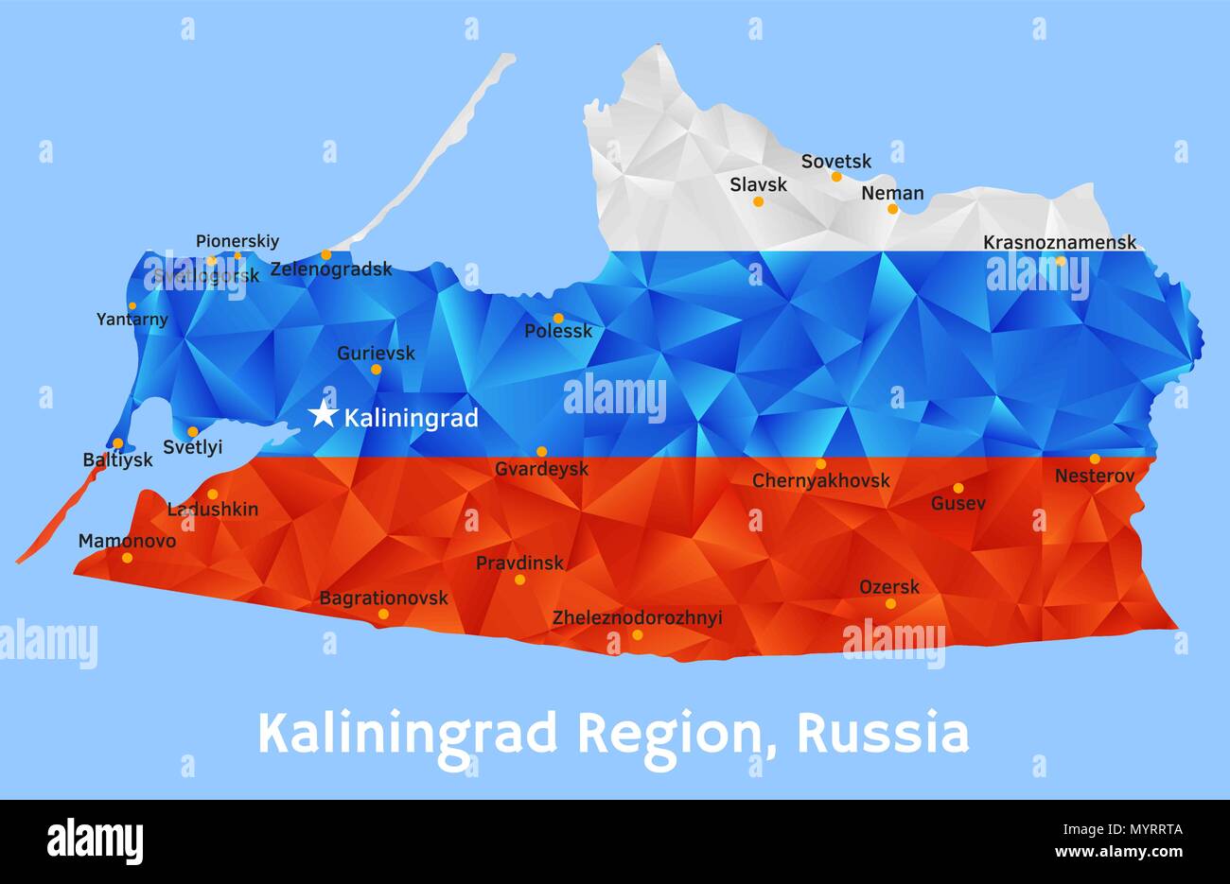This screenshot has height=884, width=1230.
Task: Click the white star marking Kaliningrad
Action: [x=324, y=413]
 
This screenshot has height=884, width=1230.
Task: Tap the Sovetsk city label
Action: [x=836, y=162]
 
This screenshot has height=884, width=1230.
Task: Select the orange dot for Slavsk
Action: [x=758, y=201]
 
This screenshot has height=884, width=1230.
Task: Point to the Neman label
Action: [x=892, y=194]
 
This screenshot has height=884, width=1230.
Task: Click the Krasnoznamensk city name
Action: [x=1060, y=243]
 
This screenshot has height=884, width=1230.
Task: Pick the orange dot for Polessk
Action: [x=558, y=319]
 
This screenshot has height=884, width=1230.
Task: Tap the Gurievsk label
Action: [x=376, y=354]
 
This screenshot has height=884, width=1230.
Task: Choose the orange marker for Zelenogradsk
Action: [x=325, y=254]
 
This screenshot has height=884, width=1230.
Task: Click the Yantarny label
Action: [x=132, y=320]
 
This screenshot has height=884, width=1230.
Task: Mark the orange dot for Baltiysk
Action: [x=117, y=442]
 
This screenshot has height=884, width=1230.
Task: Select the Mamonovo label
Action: [x=127, y=542]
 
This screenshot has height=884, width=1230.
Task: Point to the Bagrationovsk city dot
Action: [x=383, y=614]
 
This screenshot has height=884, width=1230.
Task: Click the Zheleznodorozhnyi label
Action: [x=637, y=618]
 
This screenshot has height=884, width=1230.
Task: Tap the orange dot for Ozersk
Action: [x=890, y=603]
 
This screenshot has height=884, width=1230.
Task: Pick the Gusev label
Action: [x=958, y=504]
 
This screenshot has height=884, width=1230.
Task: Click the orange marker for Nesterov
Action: [x=1095, y=459]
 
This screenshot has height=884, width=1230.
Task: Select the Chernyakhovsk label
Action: [x=820, y=481]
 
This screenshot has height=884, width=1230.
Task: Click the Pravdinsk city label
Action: [x=519, y=563]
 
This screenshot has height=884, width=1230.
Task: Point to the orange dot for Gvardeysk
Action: [x=541, y=451]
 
